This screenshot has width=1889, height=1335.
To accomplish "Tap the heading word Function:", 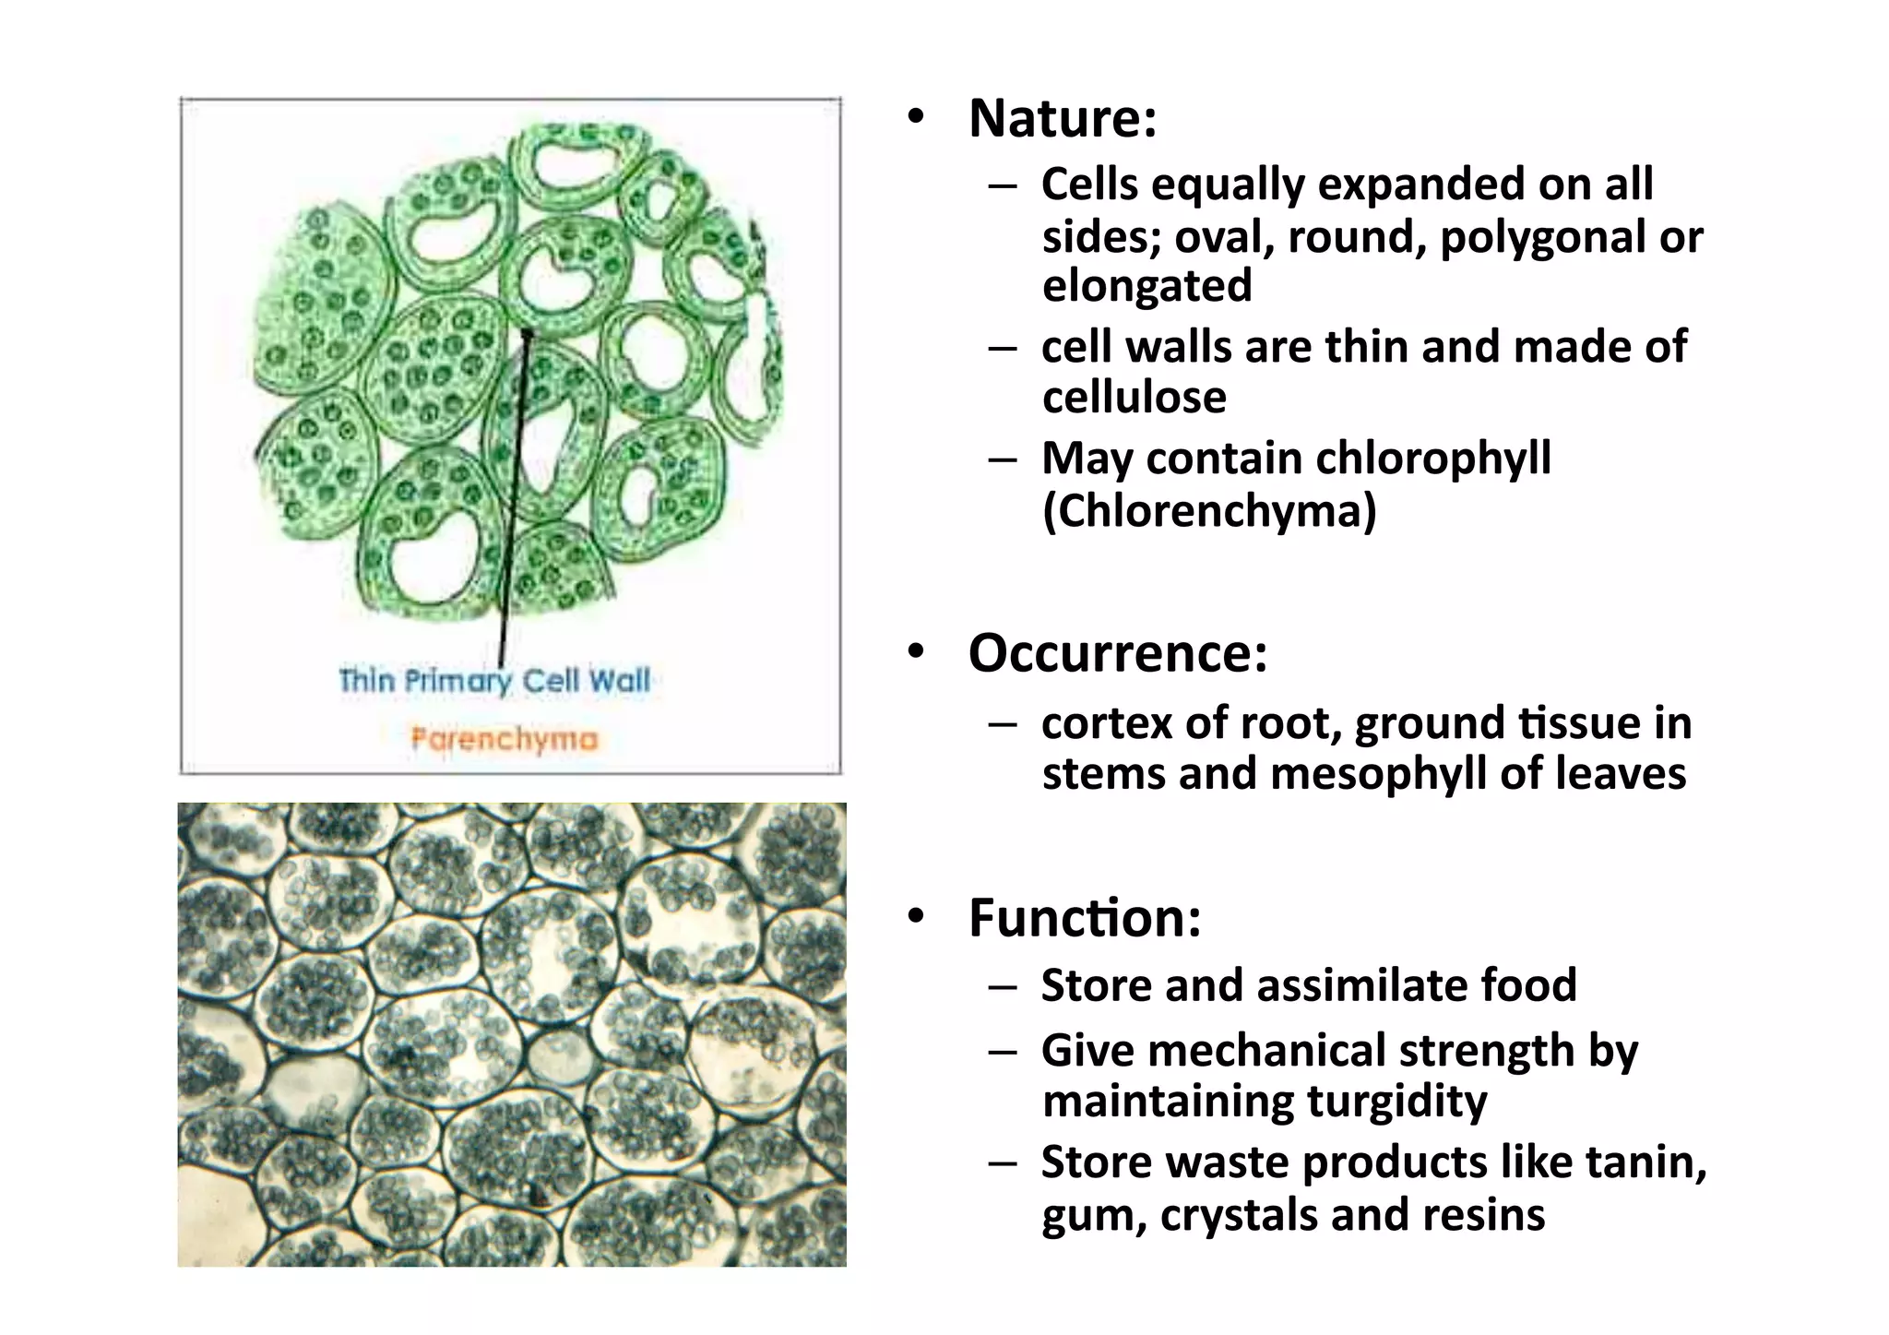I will [1085, 918].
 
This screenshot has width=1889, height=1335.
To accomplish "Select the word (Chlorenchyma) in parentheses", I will [1209, 510].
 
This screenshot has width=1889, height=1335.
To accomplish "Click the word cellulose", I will [1135, 398].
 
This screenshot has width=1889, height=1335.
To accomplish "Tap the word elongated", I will [1146, 285].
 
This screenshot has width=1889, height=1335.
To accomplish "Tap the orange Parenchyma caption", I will [505, 739].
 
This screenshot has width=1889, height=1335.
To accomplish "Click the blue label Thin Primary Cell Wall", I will [494, 681].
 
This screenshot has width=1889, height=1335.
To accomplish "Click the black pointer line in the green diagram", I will [514, 498].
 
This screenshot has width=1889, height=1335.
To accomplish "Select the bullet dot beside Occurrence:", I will [915, 652].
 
